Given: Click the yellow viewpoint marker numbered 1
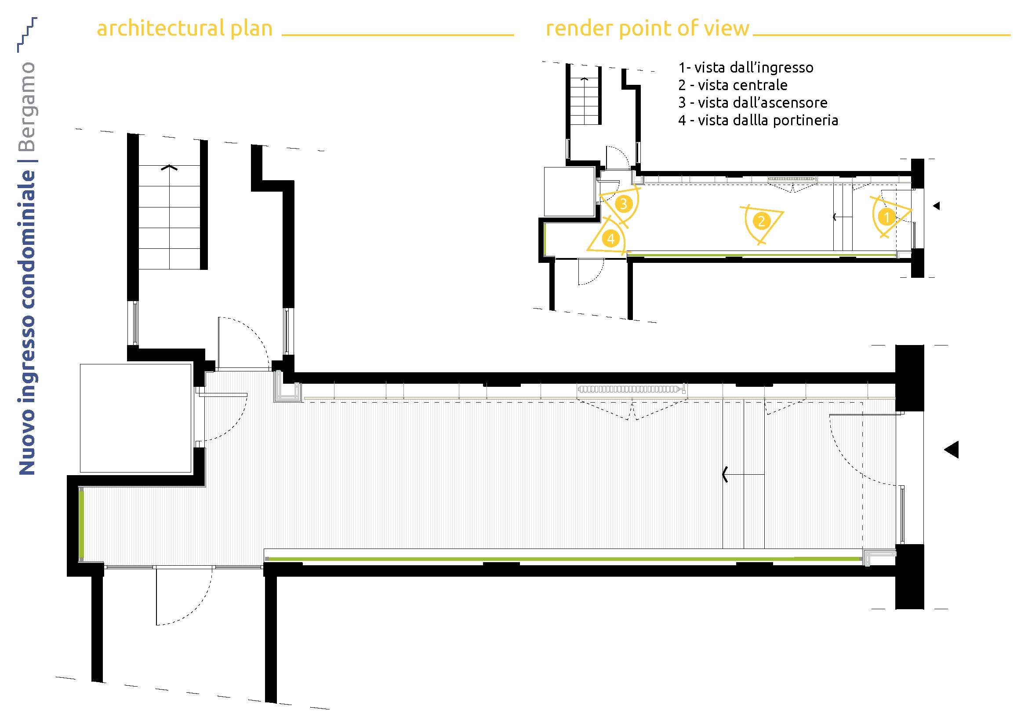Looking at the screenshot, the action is pos(886,217).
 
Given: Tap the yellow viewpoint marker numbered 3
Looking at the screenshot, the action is pos(623,204).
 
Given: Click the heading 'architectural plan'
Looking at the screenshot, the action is pos(185,29).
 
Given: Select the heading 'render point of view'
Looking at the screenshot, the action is pos(647,29).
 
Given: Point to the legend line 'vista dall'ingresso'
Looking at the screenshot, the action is pos(745,68).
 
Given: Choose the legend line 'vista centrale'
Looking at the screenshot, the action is pos(733,85).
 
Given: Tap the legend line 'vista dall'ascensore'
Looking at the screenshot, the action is pos(752,102).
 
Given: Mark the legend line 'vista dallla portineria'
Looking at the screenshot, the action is pos(758,120).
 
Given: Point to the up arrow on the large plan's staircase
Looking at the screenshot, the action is pos(170,167).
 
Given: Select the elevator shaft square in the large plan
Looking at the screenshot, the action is pos(136,418).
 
